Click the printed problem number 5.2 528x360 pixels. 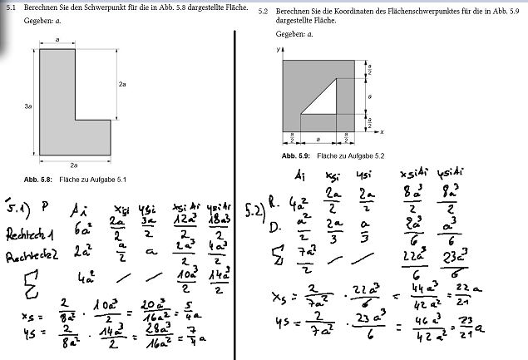coord(263,12)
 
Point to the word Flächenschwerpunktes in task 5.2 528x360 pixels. coord(387,12)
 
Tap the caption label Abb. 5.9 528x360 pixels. coord(295,155)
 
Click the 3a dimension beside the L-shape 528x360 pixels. coord(28,107)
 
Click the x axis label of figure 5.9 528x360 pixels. coord(381,131)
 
